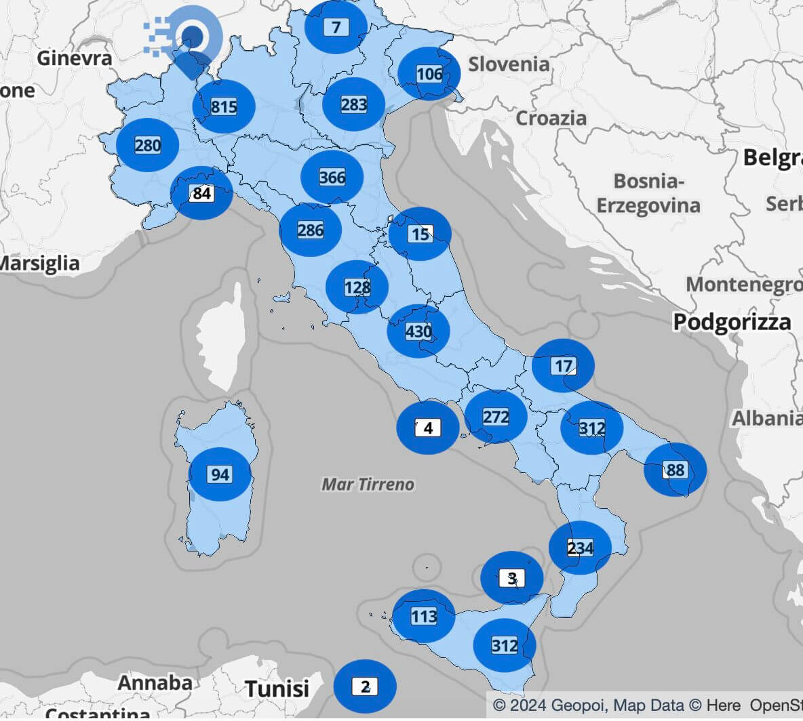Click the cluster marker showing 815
pyautogui.click(x=224, y=106)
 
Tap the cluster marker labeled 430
pyautogui.click(x=418, y=331)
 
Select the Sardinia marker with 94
pyautogui.click(x=219, y=474)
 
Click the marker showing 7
pyautogui.click(x=336, y=27)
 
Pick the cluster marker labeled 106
pyautogui.click(x=429, y=74)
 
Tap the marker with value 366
pyautogui.click(x=332, y=177)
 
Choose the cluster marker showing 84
pyautogui.click(x=201, y=193)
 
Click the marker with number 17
pyautogui.click(x=563, y=366)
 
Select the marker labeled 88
pyautogui.click(x=675, y=470)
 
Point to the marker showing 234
pyautogui.click(x=580, y=548)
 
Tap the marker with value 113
pyautogui.click(x=424, y=616)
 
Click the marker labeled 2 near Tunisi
pyautogui.click(x=365, y=686)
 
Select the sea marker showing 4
pyautogui.click(x=427, y=428)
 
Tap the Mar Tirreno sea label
pyautogui.click(x=368, y=484)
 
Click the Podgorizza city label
pyautogui.click(x=732, y=322)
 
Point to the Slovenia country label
pyautogui.click(x=509, y=64)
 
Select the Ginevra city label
pyautogui.click(x=75, y=58)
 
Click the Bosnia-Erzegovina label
pyautogui.click(x=648, y=193)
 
